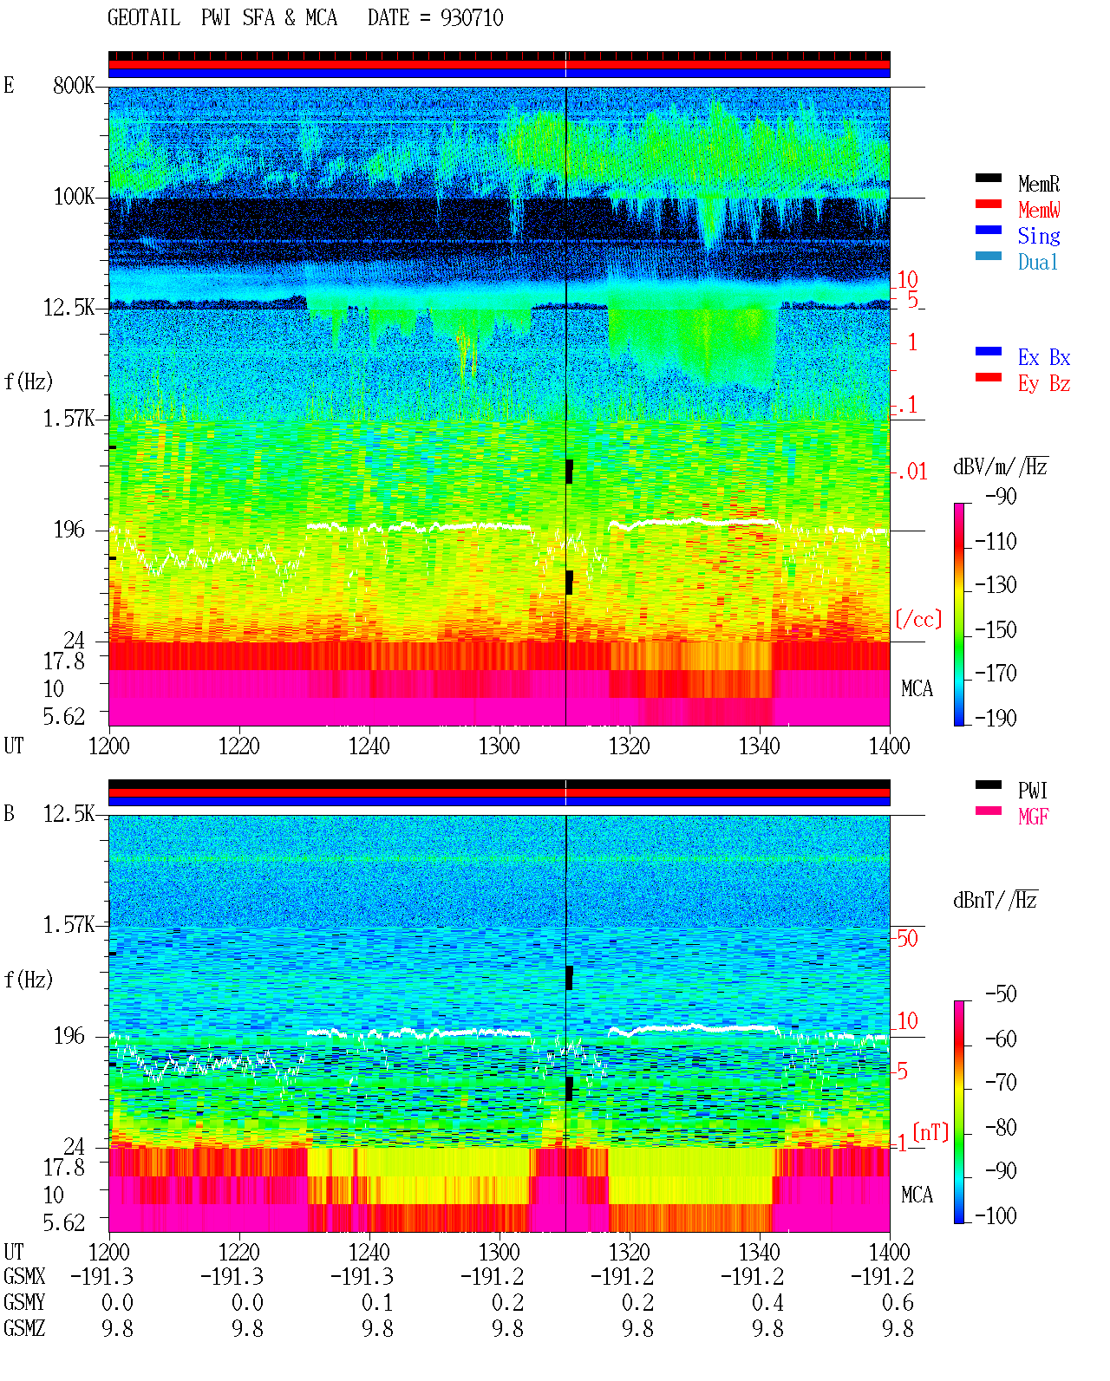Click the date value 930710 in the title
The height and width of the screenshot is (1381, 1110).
[472, 18]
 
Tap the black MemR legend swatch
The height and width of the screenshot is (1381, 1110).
[988, 178]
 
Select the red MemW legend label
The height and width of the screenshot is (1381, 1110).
[1039, 210]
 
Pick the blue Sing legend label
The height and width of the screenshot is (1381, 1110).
[1039, 236]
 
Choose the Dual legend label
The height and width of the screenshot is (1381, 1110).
[1038, 262]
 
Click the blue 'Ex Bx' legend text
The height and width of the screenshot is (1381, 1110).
[1044, 357]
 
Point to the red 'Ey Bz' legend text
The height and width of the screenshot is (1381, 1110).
[1044, 384]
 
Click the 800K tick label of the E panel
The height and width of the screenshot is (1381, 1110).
[74, 85]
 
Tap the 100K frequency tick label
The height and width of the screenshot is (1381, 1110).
[74, 197]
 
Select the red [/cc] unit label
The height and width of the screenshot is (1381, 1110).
[918, 619]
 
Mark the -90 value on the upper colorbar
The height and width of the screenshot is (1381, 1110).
[1001, 496]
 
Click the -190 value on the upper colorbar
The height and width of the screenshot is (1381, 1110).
[996, 718]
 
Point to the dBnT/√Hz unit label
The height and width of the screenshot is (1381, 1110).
[996, 901]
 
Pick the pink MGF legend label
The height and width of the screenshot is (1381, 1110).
[1034, 817]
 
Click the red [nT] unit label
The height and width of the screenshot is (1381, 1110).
[930, 1132]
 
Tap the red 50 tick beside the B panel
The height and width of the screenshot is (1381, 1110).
[907, 939]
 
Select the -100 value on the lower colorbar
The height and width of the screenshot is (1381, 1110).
[996, 1215]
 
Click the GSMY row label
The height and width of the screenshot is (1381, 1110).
[24, 1302]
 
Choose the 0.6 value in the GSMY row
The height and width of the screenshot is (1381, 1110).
[898, 1303]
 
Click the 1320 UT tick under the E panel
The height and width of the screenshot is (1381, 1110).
[630, 746]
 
